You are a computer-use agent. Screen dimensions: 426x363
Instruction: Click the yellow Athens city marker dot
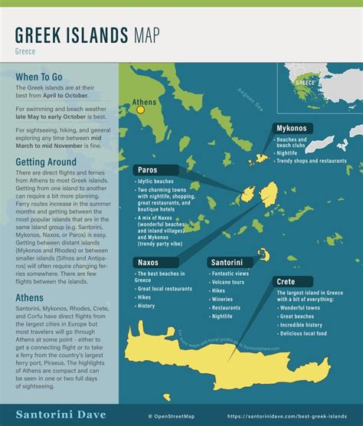[x=140, y=110]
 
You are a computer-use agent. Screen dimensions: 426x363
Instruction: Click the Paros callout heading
[x=150, y=169]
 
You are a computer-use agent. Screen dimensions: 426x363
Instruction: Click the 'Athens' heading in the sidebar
[x=30, y=298]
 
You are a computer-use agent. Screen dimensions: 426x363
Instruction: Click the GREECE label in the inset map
[x=306, y=82]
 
